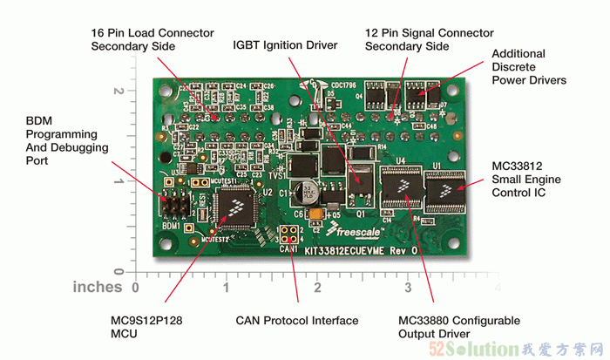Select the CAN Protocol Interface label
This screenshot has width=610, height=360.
coord(297,320)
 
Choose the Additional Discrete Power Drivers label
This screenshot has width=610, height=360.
coord(529,67)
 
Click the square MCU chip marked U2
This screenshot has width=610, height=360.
coord(234,210)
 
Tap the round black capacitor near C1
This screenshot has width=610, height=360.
coord(308,192)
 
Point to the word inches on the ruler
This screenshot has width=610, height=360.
coord(98,286)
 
